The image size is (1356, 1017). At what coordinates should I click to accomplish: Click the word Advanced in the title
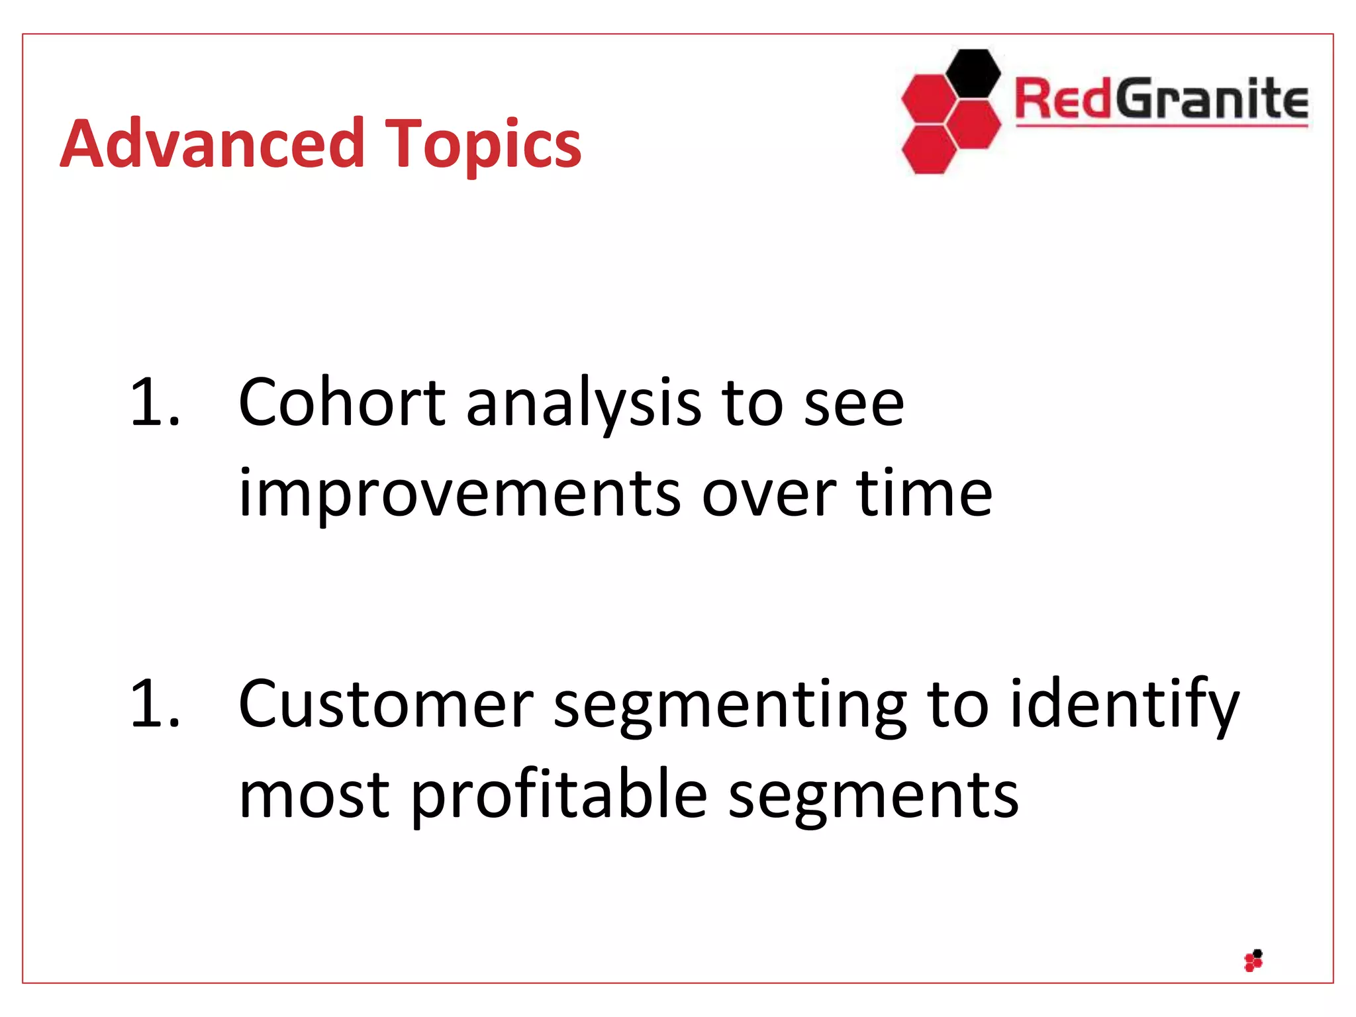(212, 144)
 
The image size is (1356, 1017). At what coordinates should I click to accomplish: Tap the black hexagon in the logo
(972, 73)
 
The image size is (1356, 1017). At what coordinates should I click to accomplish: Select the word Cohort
(342, 402)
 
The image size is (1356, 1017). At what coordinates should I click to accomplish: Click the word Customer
(385, 704)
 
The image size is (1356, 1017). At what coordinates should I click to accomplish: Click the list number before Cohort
(154, 402)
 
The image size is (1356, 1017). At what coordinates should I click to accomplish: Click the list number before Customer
(154, 704)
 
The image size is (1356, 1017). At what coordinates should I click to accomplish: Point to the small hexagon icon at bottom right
(1253, 960)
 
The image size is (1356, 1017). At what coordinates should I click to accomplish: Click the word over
(769, 493)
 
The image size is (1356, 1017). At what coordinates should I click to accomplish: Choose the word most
(314, 795)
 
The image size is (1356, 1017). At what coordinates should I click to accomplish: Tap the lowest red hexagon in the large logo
(929, 150)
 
